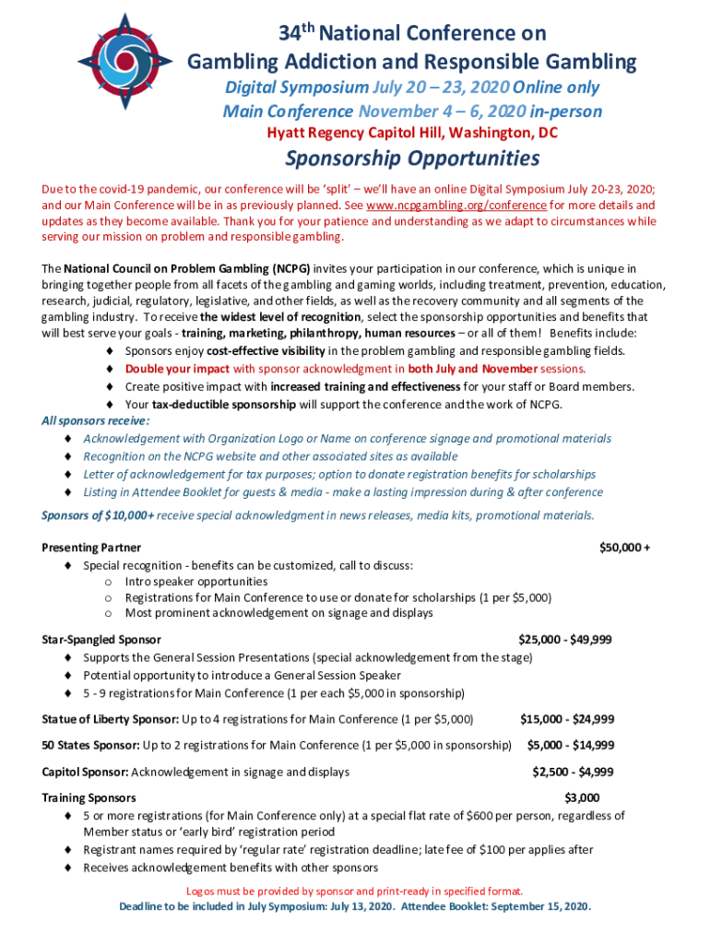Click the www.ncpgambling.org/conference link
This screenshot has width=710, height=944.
click(456, 205)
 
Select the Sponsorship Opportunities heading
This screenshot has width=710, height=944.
click(412, 159)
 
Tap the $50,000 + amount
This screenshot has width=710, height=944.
click(625, 548)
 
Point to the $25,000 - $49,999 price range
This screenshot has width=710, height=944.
click(565, 639)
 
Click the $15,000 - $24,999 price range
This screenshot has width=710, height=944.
click(567, 719)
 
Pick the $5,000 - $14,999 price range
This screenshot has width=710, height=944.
click(570, 745)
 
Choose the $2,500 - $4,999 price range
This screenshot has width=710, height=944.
click(573, 772)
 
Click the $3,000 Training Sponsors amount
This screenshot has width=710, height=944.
click(582, 797)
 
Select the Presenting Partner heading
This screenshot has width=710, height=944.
click(91, 548)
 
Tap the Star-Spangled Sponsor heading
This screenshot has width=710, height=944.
click(101, 639)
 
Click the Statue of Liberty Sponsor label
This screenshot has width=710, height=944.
click(111, 719)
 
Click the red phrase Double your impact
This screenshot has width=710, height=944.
click(178, 369)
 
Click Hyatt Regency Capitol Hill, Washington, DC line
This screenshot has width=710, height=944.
click(412, 134)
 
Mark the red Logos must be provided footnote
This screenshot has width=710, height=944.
click(355, 891)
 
